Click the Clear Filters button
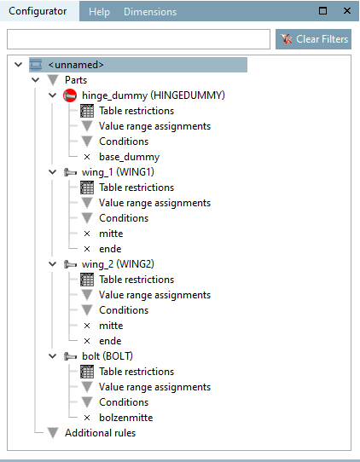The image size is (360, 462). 313,39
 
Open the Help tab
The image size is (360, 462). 100,12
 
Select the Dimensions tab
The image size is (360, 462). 149,12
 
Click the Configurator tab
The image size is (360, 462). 38,12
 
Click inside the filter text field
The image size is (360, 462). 138,39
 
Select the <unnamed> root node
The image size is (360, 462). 76,65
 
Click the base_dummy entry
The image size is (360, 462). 129,157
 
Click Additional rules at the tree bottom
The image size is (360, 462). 100,433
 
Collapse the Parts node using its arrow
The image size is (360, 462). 36,80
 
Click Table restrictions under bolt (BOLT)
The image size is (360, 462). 136,372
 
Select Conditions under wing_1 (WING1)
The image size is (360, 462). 123,218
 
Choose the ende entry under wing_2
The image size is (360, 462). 111,341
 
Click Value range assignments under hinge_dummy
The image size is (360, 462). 154,126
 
